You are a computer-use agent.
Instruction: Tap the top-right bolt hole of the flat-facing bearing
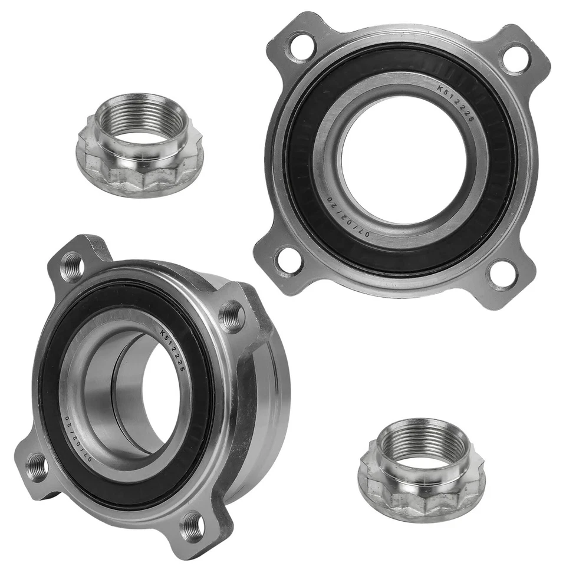pyautogui.click(x=515, y=57)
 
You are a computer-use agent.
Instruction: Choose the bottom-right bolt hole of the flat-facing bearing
pyautogui.click(x=502, y=274)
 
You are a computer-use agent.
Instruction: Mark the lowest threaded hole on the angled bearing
pyautogui.click(x=192, y=524)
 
